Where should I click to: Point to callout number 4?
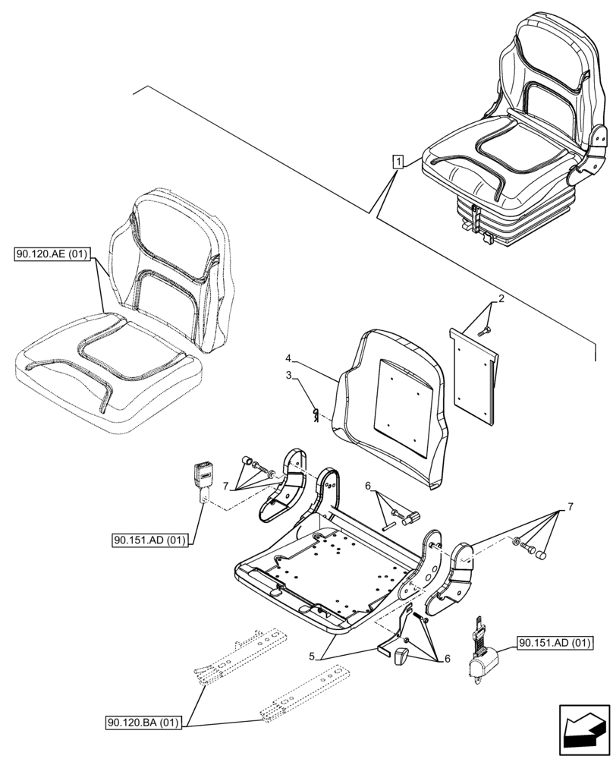(x=289, y=357)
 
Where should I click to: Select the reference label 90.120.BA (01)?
(x=143, y=723)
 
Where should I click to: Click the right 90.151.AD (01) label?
(x=555, y=644)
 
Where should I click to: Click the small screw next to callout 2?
(x=485, y=329)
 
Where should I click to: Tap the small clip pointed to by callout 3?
(x=316, y=412)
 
